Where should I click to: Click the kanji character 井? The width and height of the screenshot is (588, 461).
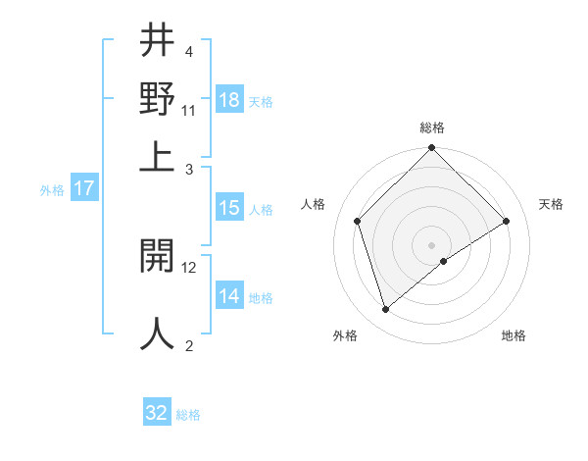(158, 42)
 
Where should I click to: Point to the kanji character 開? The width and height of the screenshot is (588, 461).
(158, 258)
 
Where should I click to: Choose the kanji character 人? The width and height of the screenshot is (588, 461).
(158, 333)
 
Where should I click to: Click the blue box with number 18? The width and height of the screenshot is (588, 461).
(229, 100)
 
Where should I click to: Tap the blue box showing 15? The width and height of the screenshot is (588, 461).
(229, 208)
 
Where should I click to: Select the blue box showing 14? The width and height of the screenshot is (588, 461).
(229, 297)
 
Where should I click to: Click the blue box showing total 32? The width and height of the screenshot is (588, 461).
(157, 413)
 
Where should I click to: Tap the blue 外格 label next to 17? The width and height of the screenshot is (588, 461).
(52, 190)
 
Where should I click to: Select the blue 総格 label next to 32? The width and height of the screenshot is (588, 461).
(188, 415)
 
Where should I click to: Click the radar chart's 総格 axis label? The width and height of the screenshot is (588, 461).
(431, 128)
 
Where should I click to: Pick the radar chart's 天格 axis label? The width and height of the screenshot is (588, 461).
(551, 204)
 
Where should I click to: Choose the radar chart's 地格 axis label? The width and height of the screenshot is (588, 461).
(514, 335)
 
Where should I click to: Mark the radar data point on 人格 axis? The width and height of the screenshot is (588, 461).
(358, 221)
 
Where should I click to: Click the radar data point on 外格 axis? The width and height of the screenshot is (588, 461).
(385, 310)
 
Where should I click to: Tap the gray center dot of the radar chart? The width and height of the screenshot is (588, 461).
(431, 244)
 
